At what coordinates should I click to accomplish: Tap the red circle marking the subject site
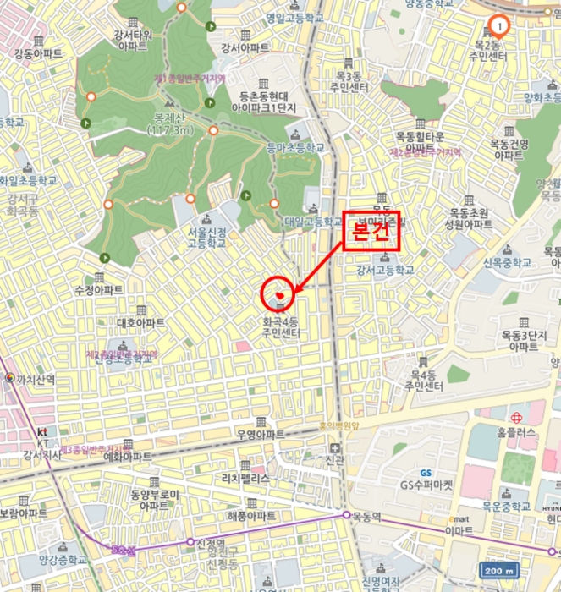[x=278, y=293]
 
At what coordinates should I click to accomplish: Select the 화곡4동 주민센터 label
[x=281, y=328]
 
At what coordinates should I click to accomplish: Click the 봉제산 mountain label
[x=170, y=124]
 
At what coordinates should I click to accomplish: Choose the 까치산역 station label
[x=36, y=380]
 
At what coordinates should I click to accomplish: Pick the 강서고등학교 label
[x=385, y=270]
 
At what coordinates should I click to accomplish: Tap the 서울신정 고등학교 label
[x=208, y=238]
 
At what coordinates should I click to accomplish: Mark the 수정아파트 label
[x=100, y=289]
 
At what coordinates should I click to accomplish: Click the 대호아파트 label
[x=140, y=322]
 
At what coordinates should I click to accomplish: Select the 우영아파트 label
[x=261, y=434]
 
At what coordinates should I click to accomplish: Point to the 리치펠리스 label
[x=245, y=478]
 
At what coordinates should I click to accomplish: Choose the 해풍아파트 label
[x=251, y=515]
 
